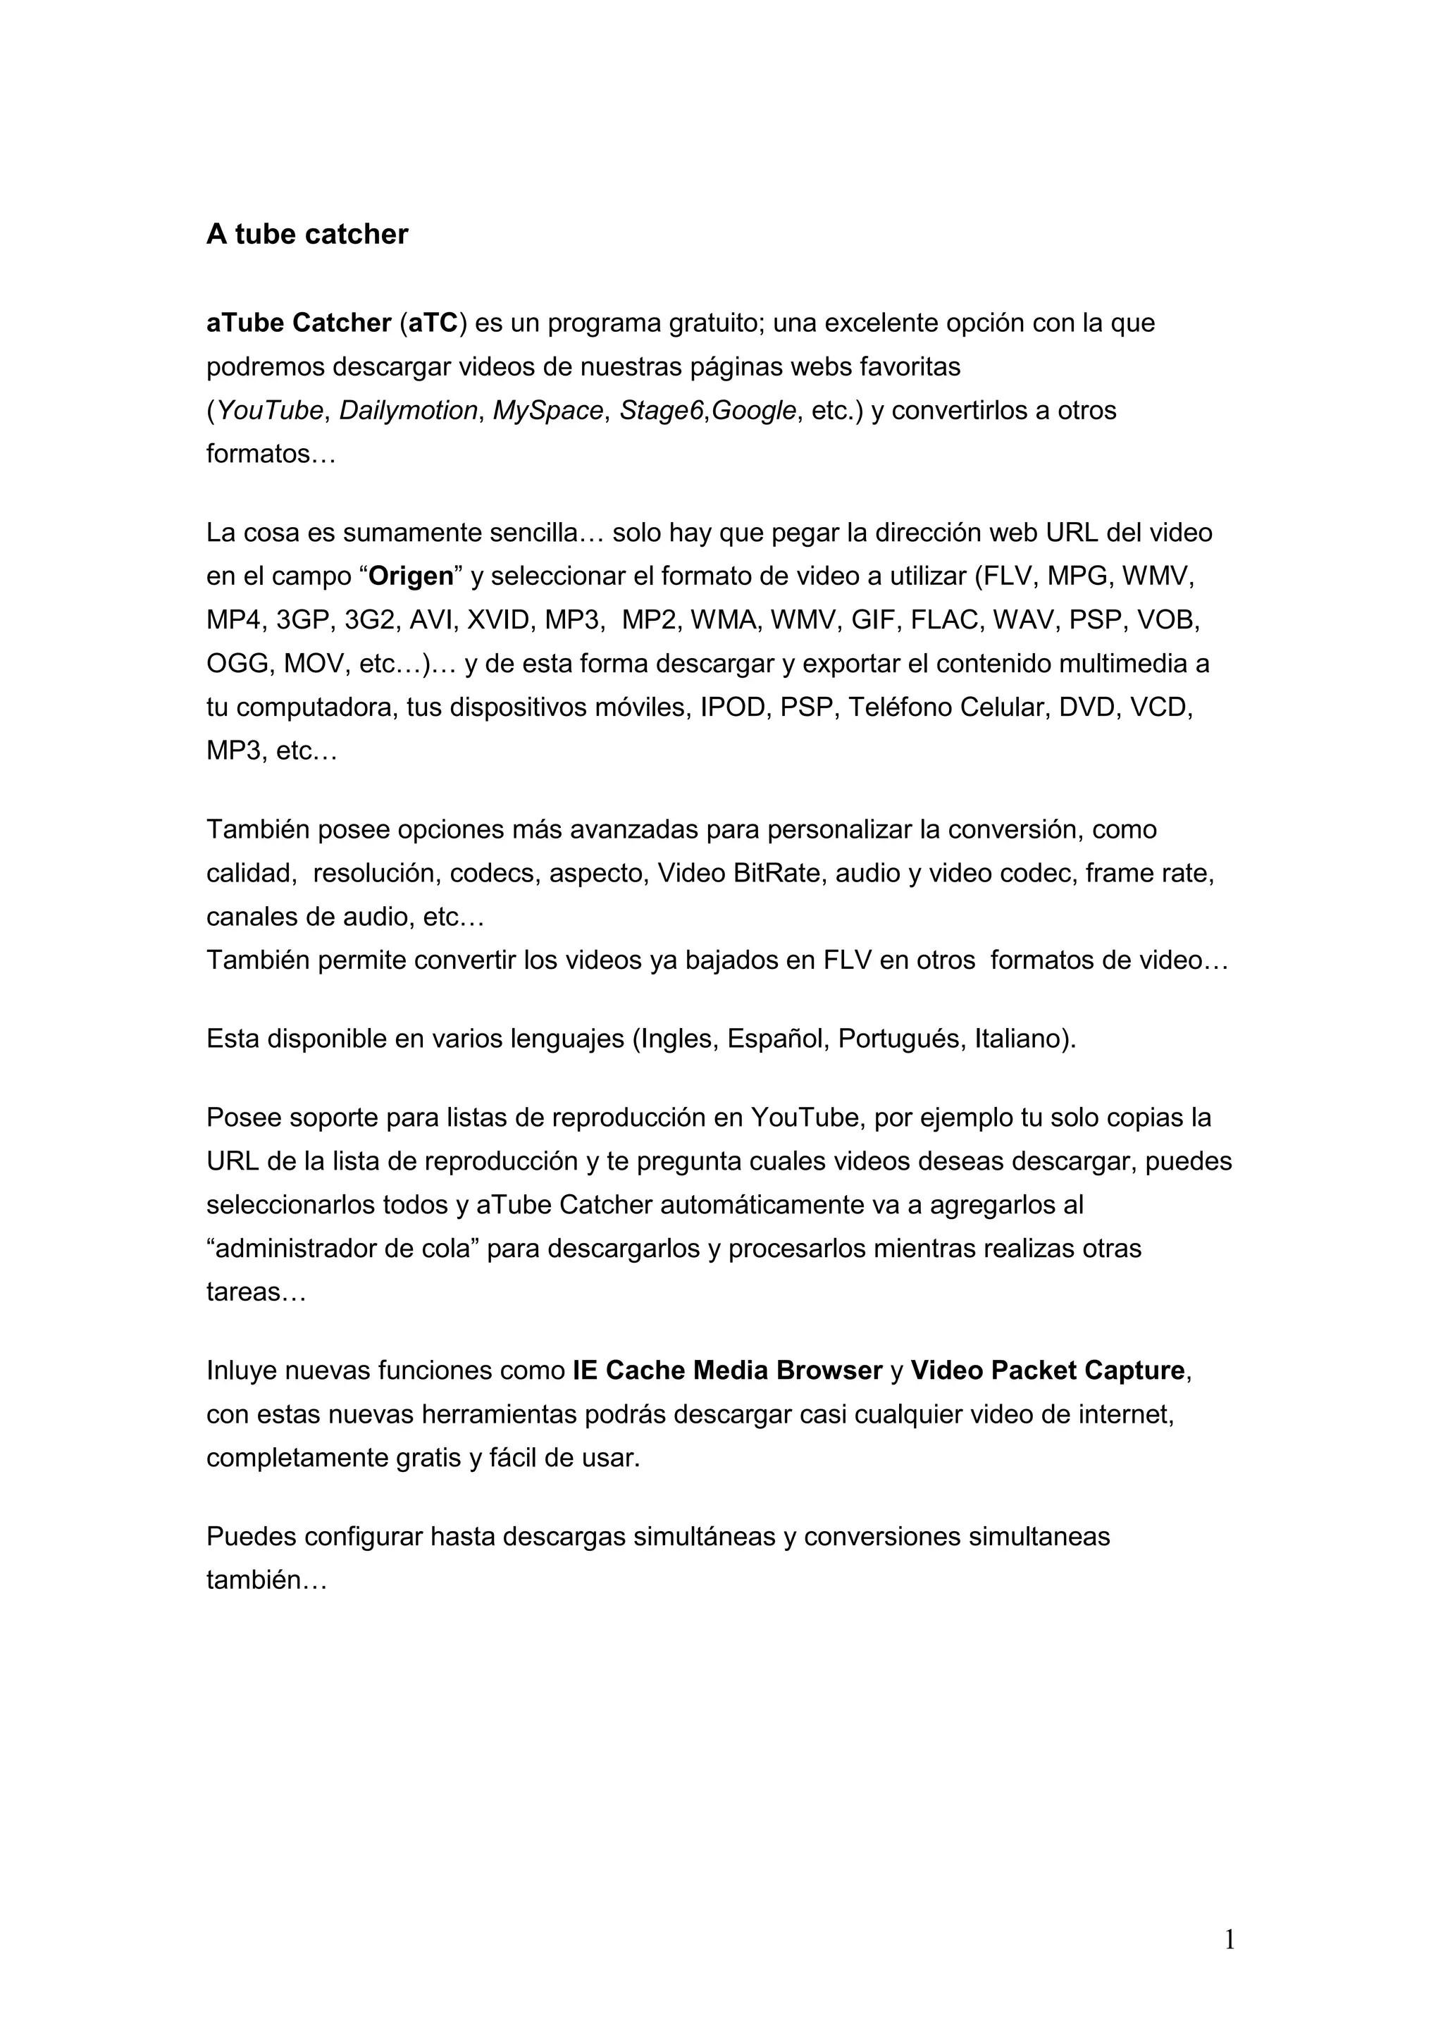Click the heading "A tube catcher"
[306, 234]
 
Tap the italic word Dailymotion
[408, 410]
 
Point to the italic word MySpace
[547, 410]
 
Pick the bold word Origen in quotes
[411, 576]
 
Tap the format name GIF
[872, 620]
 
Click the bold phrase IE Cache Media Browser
[726, 1370]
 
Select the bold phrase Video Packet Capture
[1046, 1370]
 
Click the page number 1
[1230, 1940]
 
